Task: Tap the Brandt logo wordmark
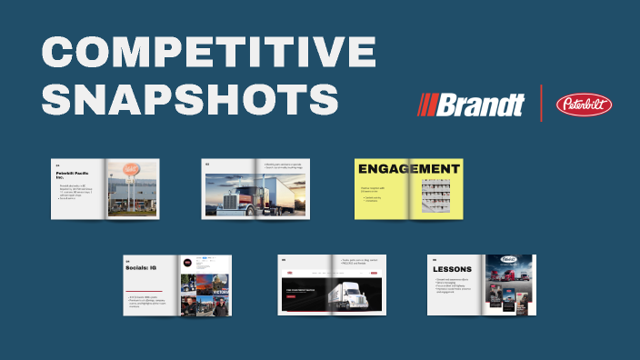click(482, 105)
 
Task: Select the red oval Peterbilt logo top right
click(584, 105)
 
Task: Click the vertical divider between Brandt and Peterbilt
click(542, 104)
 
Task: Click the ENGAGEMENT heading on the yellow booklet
click(408, 169)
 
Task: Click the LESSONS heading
click(452, 270)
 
